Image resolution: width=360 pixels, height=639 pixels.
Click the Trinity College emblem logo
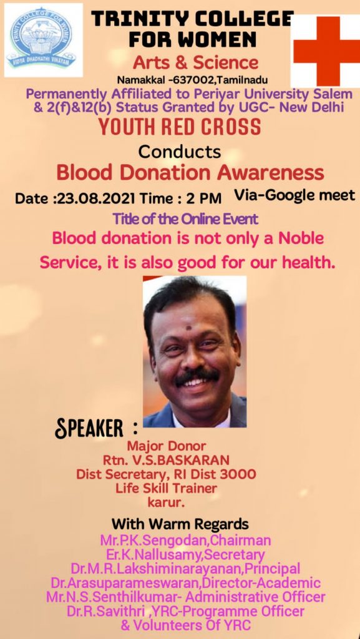(x=43, y=39)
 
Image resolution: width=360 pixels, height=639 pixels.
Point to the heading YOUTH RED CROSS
(x=180, y=127)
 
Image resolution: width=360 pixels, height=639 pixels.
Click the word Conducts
(x=180, y=152)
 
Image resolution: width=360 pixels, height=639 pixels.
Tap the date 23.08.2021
(x=96, y=198)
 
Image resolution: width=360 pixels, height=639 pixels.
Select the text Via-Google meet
(x=294, y=195)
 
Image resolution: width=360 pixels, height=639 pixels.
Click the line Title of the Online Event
(x=186, y=219)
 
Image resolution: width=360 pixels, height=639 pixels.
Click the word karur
(x=166, y=503)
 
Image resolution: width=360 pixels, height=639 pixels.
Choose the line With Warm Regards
(x=180, y=523)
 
